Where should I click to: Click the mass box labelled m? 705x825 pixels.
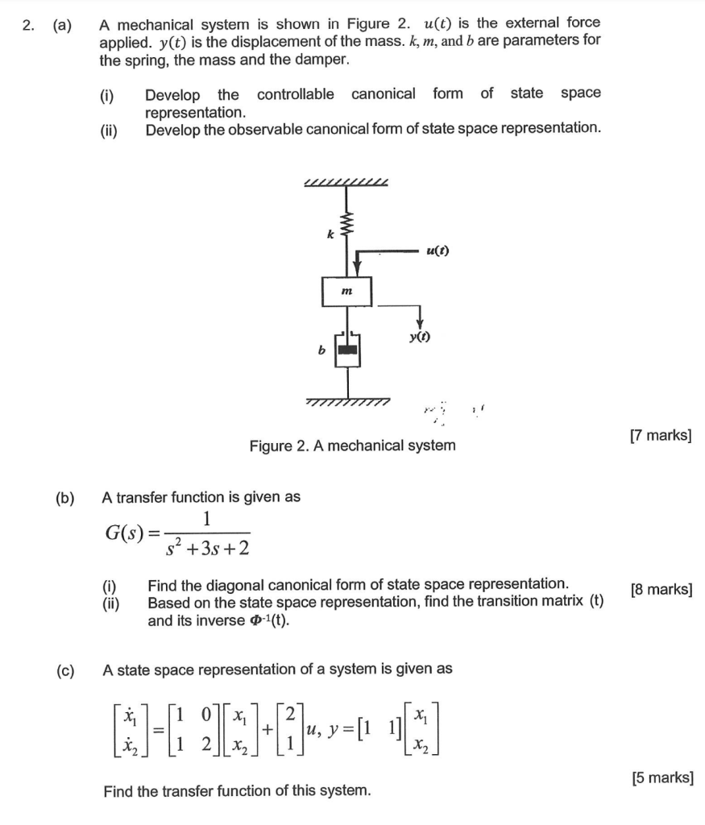point(347,290)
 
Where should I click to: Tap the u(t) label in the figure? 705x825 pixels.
point(437,250)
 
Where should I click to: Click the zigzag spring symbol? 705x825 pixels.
point(347,222)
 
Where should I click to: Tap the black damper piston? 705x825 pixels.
point(347,350)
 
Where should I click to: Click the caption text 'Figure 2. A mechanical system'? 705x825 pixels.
point(352,446)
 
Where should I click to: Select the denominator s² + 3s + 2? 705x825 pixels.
point(208,549)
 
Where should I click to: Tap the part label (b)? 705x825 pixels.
point(64,497)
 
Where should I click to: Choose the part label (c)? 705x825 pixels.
point(64,670)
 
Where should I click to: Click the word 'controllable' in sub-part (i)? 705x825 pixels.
point(295,94)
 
